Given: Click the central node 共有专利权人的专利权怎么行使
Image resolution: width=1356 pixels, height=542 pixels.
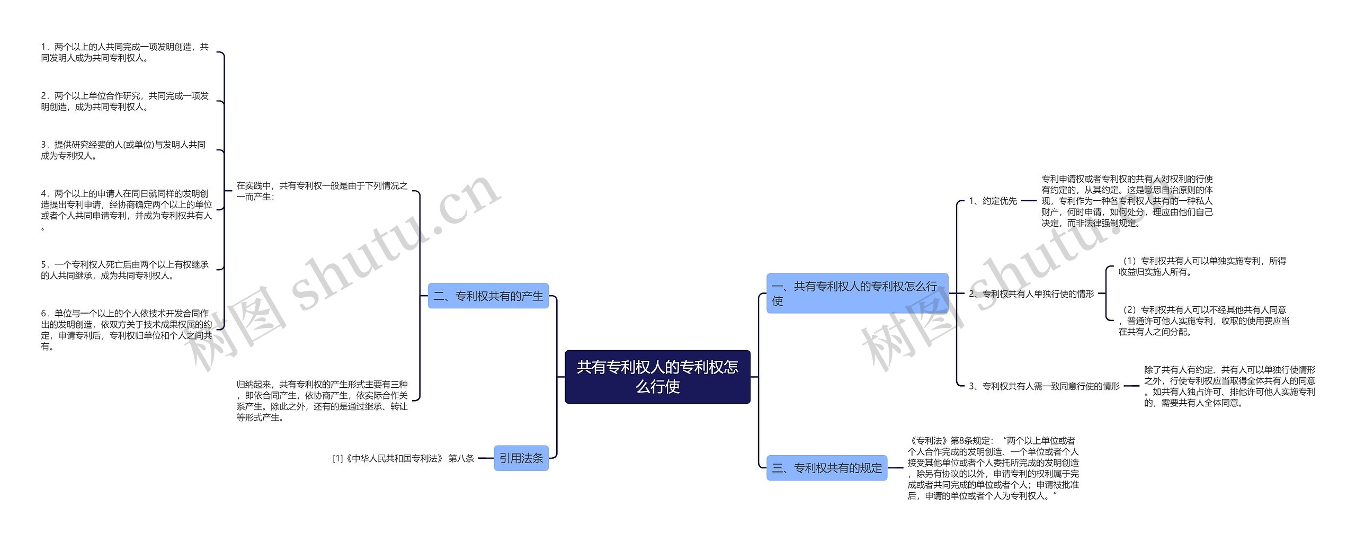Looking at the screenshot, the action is (657, 377).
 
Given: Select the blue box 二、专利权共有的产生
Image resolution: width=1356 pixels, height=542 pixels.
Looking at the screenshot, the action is (488, 296).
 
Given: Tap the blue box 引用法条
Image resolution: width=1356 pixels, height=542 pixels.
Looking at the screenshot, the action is (521, 458).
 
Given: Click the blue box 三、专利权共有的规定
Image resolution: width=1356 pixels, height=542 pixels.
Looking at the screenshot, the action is (826, 468).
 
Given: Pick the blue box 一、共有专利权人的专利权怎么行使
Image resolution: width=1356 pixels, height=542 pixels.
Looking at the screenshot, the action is (857, 294).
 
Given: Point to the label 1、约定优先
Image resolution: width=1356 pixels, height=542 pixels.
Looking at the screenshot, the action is (993, 201).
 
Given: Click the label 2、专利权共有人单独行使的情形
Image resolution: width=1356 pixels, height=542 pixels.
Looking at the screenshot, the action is (1031, 294).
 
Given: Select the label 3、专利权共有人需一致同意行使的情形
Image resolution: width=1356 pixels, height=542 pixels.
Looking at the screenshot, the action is (1043, 386).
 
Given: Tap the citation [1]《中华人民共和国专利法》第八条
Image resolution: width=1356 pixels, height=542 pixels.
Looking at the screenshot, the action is (403, 458).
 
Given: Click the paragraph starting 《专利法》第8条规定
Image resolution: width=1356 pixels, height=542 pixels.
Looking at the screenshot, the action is (993, 468).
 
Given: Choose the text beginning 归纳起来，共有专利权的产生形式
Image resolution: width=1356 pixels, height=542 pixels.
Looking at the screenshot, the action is (322, 401).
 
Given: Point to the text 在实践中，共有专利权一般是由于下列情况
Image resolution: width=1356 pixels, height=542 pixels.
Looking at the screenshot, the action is (322, 191).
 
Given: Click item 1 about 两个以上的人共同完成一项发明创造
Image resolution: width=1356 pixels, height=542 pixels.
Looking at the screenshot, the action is (125, 52).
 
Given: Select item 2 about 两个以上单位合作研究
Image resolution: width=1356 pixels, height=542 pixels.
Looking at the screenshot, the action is (125, 101).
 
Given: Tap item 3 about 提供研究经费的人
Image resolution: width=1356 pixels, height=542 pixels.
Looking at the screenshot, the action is (123, 150).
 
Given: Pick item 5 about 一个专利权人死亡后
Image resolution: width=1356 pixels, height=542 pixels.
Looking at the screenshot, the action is (125, 270).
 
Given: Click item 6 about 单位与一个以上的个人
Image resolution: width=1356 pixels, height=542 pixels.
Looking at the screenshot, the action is (126, 330).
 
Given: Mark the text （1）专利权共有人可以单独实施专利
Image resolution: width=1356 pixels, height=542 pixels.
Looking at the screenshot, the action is (1202, 266).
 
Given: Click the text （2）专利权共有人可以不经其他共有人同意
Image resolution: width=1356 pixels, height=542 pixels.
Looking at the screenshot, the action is (1203, 321).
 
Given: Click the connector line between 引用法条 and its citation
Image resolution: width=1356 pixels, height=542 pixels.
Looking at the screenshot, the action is (486, 458).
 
